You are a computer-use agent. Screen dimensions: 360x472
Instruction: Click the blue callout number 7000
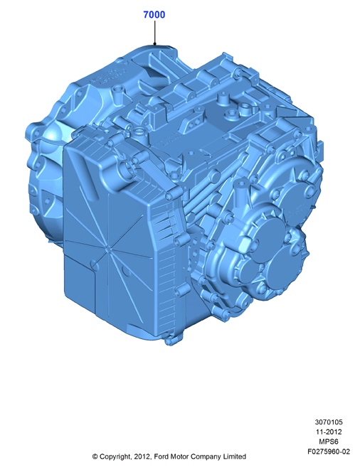click(x=154, y=14)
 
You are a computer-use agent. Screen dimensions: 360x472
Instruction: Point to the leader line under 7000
click(x=154, y=33)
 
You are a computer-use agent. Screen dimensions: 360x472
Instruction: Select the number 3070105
click(x=329, y=422)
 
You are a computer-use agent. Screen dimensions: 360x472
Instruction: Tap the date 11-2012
click(x=329, y=432)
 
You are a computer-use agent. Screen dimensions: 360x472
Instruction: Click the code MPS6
click(x=329, y=441)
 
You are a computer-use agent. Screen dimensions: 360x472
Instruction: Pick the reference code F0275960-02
click(x=329, y=451)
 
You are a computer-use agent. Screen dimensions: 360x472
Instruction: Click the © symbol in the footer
click(x=95, y=456)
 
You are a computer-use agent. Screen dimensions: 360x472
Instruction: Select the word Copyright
click(x=115, y=457)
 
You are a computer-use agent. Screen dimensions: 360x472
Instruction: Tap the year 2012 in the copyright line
click(x=142, y=456)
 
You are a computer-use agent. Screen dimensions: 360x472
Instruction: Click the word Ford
click(x=162, y=456)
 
